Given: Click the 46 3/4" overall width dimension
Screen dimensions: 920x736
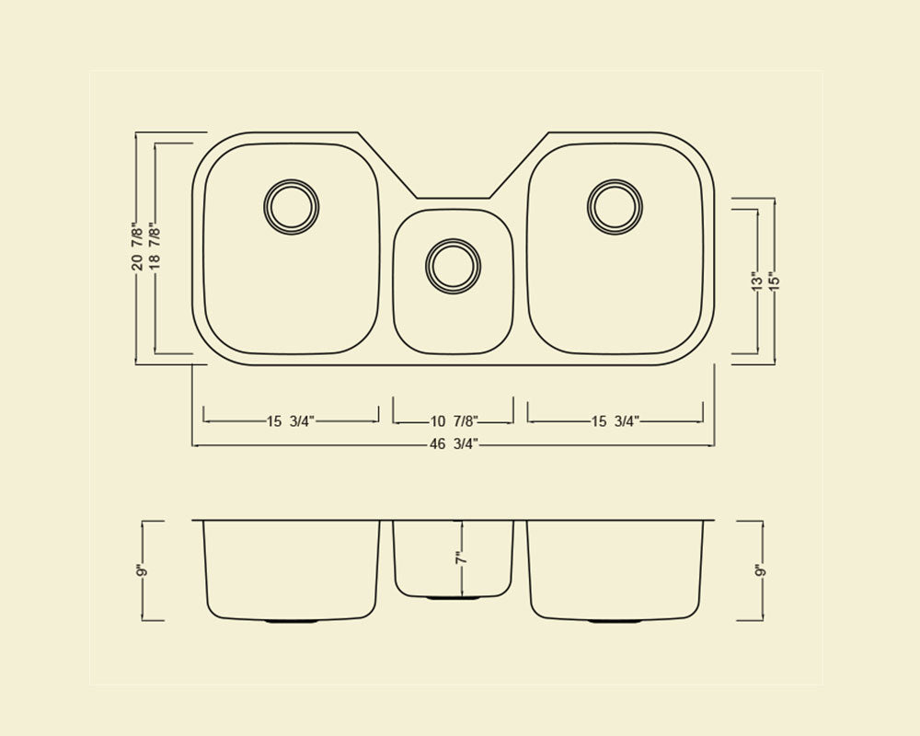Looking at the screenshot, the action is [x=454, y=444].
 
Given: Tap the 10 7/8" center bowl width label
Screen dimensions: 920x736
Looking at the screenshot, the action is [x=454, y=420].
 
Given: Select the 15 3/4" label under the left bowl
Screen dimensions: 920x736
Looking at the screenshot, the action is [x=291, y=420].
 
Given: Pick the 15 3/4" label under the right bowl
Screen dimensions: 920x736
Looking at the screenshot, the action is [x=615, y=420].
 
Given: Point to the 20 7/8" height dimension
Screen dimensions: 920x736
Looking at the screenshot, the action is [x=137, y=247].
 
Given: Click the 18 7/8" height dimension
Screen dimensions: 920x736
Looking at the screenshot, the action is [x=155, y=247].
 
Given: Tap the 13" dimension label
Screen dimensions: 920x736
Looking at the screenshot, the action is [x=757, y=281].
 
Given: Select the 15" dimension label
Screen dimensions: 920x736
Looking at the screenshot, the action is [x=774, y=281].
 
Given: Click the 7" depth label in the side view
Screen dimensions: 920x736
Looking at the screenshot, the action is [x=461, y=558].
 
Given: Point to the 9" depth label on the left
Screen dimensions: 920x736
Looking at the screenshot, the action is [x=140, y=570].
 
